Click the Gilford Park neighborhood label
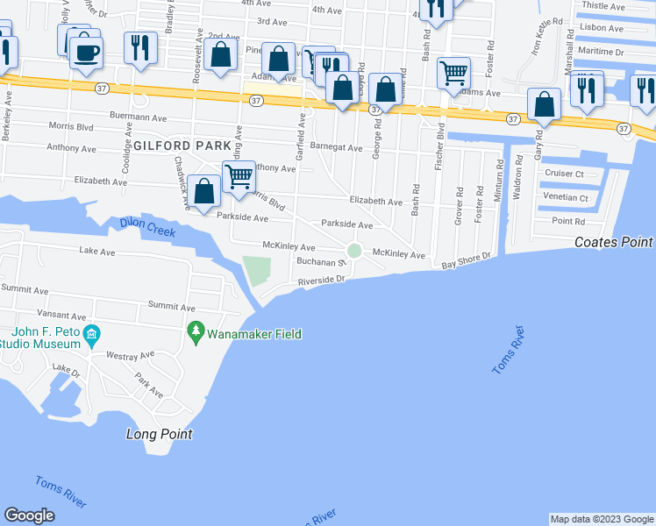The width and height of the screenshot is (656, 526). click(x=182, y=144)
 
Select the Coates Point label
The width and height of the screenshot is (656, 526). click(x=614, y=242)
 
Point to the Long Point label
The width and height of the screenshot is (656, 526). click(x=159, y=434)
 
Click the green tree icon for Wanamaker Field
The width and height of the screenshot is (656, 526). click(x=195, y=333)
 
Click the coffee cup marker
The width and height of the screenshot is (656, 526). click(x=85, y=52)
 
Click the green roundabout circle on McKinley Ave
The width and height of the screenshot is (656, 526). click(x=354, y=252)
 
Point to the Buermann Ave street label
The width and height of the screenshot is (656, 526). click(x=139, y=117)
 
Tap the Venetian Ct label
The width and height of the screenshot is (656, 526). click(x=566, y=198)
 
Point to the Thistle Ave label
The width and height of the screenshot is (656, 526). click(x=602, y=5)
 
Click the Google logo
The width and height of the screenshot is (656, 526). click(x=29, y=515)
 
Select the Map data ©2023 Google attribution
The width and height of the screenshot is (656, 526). click(x=602, y=519)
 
